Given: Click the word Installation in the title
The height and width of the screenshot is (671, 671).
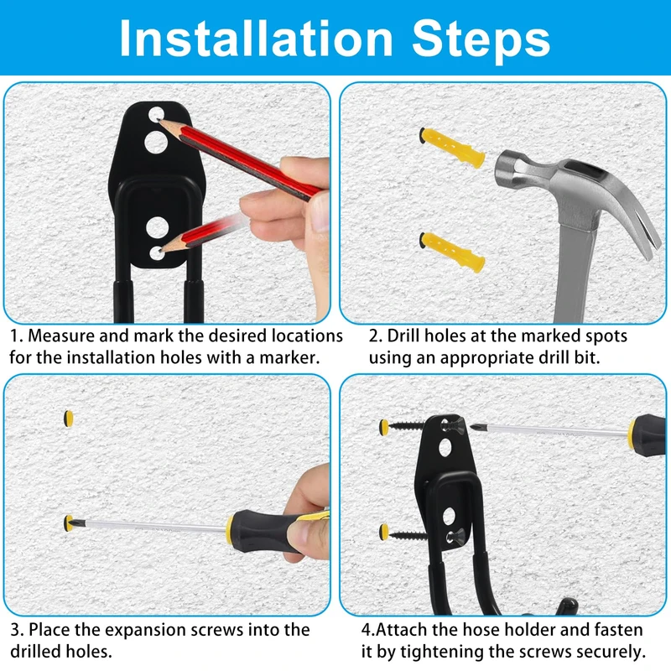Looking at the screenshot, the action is click(x=256, y=39).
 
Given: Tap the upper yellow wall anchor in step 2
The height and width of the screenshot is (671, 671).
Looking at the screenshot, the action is click(x=452, y=148).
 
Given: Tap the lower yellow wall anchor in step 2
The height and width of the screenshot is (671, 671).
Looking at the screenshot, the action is click(x=452, y=252).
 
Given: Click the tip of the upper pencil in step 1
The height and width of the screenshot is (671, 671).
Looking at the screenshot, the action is click(x=159, y=121).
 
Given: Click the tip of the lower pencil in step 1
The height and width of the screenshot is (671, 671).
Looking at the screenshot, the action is click(x=159, y=252).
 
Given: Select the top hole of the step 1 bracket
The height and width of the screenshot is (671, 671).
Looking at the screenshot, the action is click(x=156, y=115).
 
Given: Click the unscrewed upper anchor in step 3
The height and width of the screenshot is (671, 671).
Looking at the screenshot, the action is click(x=69, y=419).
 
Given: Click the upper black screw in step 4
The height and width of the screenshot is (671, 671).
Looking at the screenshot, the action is click(x=407, y=426).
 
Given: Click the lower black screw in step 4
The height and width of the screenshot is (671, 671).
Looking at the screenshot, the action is click(x=408, y=535).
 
